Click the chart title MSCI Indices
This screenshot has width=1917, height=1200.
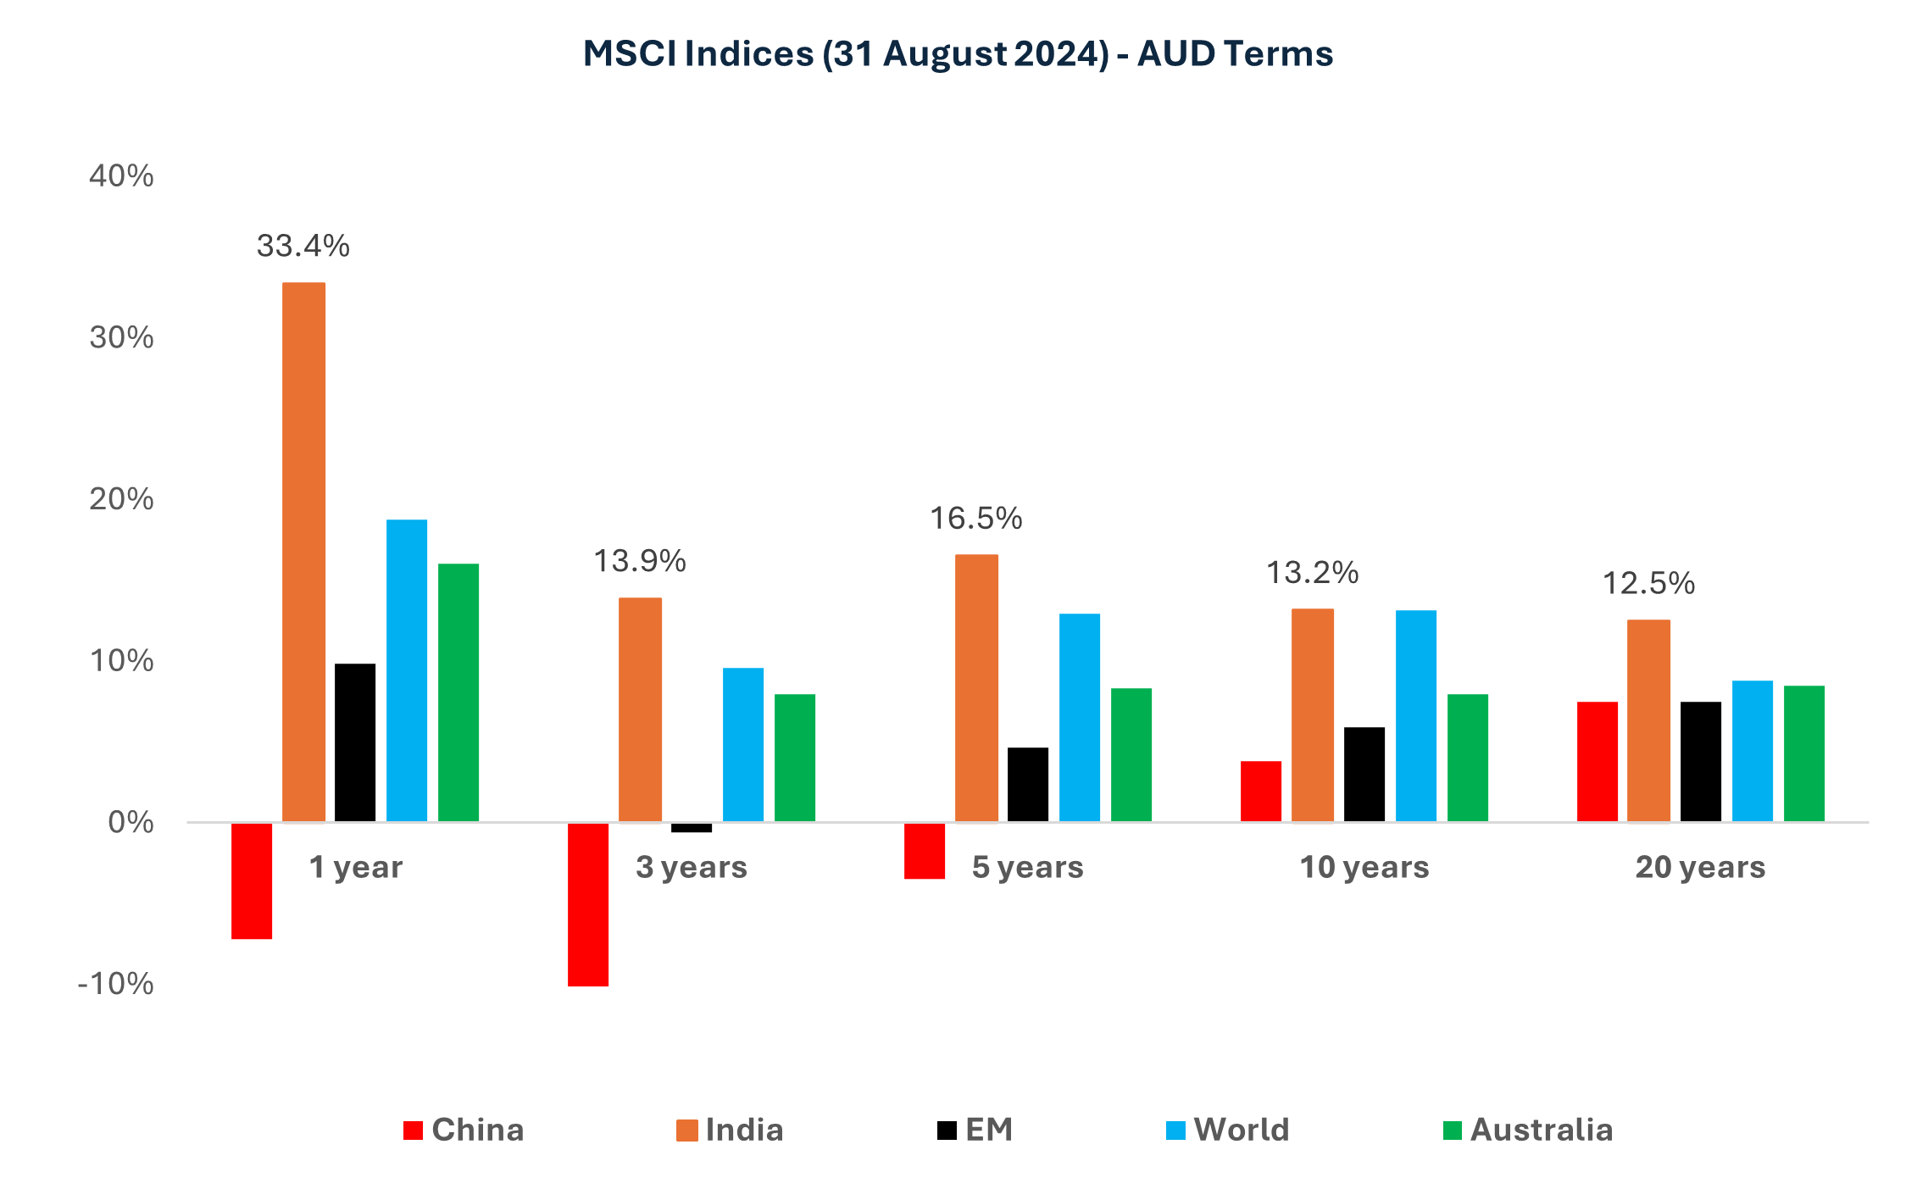point(958,53)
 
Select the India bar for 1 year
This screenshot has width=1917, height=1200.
point(303,551)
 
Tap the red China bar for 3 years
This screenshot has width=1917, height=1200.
point(587,903)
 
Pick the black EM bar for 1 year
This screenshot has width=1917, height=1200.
point(355,742)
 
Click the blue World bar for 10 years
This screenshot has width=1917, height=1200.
point(1415,715)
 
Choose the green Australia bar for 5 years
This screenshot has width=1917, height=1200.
point(1131,754)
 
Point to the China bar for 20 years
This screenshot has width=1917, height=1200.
point(1597,761)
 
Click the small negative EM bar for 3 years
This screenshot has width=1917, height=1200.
point(692,828)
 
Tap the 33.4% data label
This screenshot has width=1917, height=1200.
point(303,247)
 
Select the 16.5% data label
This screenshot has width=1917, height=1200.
point(975,519)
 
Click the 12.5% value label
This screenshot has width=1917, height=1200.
point(1648,584)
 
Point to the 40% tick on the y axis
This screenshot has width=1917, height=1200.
point(122,176)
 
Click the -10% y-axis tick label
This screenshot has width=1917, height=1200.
point(116,984)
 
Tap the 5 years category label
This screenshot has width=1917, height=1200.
point(1027,867)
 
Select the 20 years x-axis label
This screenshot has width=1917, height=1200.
point(1700,867)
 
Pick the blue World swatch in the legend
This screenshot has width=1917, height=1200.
point(1175,1131)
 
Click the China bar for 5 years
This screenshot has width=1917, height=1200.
point(925,850)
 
